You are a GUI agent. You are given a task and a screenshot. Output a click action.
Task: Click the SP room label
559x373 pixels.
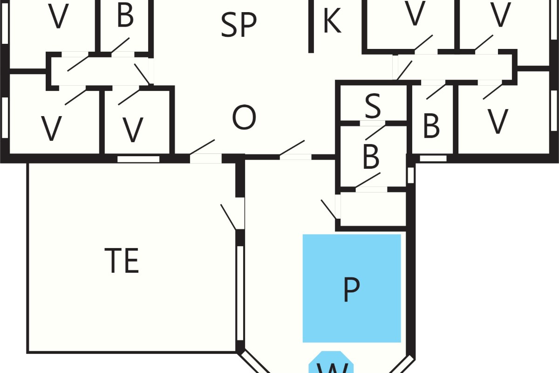(239, 25)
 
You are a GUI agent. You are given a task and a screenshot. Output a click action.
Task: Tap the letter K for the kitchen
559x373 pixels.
(332, 21)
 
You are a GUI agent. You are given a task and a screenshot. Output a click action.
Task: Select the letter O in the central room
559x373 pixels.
(244, 117)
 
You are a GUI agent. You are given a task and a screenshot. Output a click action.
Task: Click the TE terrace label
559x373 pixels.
(122, 260)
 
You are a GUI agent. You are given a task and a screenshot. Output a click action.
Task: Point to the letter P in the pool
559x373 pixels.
(351, 290)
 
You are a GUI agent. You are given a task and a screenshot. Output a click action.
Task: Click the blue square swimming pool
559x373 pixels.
(352, 288)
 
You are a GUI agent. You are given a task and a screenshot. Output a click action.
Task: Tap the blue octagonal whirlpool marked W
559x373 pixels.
(331, 362)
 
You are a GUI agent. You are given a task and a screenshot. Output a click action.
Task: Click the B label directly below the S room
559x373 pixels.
(371, 156)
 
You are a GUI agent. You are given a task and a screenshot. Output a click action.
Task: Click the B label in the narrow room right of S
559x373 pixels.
(431, 126)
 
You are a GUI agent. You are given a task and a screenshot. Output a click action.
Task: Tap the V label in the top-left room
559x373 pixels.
(58, 16)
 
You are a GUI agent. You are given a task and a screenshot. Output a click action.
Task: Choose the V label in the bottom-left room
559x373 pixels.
(51, 128)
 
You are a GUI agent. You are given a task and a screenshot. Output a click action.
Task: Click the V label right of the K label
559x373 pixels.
(415, 13)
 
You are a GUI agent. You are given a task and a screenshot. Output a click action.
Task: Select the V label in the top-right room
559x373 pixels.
(500, 14)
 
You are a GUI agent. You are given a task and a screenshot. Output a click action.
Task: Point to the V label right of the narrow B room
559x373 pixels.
(498, 121)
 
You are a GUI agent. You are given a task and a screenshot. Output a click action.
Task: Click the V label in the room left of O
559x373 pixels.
(133, 130)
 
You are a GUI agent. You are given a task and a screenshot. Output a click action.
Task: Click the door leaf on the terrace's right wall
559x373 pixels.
(228, 217)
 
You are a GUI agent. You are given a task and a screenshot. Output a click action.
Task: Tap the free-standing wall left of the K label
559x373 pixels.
(311, 26)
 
